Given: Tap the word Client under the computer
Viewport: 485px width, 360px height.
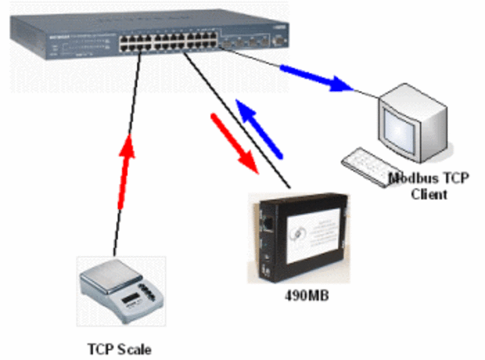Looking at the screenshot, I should click(429, 194).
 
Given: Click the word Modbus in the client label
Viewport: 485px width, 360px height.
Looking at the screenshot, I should click(409, 180).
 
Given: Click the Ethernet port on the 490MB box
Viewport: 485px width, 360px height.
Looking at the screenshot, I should click(267, 224).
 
